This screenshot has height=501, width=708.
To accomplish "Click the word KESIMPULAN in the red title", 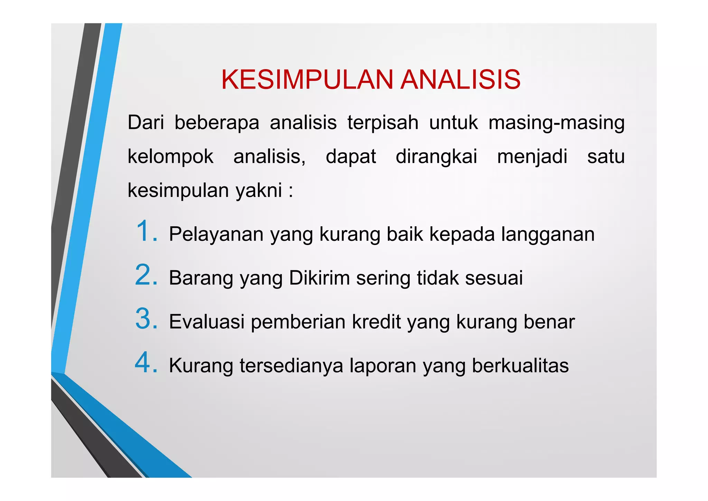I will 307,80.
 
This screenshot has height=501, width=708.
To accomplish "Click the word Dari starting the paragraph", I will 146,122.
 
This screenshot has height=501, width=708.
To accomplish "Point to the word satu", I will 606,156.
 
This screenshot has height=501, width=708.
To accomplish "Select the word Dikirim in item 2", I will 319,278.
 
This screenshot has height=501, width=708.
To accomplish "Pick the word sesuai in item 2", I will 494,278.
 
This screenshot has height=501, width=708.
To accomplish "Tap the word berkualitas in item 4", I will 520,366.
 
